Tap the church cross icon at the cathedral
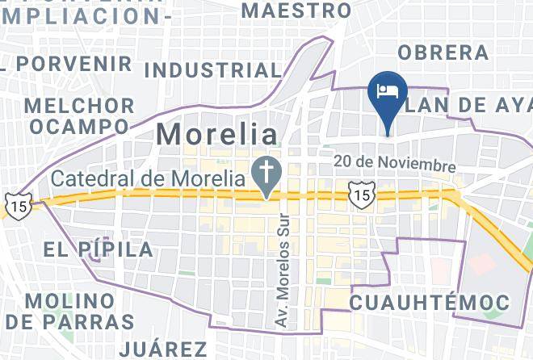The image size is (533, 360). pos(263,170)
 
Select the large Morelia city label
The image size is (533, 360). pos(216,133)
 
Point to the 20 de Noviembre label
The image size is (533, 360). pos(395,163)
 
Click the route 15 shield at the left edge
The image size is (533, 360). pos(18,205)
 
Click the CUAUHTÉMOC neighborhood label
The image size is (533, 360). pos(430,303)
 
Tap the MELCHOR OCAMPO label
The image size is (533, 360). pos(78,116)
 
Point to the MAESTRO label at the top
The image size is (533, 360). pos(296,10)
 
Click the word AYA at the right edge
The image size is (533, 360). pos(512,104)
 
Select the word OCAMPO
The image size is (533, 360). pos(78,127)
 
